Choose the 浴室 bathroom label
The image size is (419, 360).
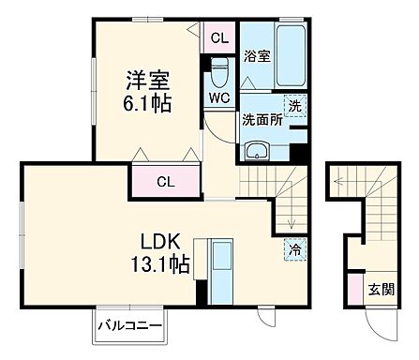pos(257,56)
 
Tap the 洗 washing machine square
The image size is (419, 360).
pos(293,108)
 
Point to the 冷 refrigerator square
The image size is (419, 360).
pos(293,250)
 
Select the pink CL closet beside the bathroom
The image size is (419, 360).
pos(218,38)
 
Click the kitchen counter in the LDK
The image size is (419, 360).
pos(223,269)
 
